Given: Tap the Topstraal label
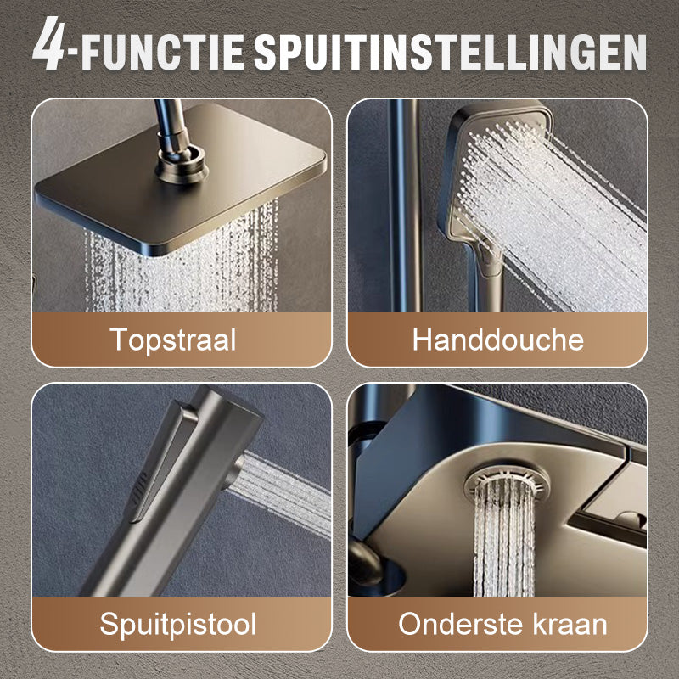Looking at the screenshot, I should [173, 339].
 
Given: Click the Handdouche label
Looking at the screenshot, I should [497, 339].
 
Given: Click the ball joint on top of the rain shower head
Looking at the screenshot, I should [182, 156].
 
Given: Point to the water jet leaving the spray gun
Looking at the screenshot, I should [289, 492].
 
